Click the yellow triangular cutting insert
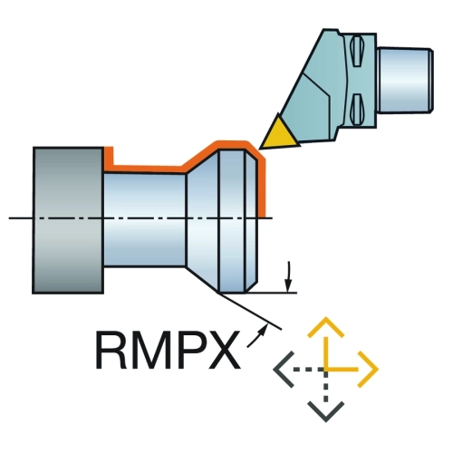[x=278, y=135]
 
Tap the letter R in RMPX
[x=111, y=350]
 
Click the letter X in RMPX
[x=223, y=350]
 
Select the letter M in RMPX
[x=150, y=350]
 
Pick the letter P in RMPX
[x=190, y=350]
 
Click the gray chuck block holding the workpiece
[x=68, y=220]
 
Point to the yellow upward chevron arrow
[x=325, y=327]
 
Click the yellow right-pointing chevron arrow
[x=368, y=369]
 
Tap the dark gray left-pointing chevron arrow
[x=284, y=369]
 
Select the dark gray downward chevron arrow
[x=325, y=411]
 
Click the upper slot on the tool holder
[x=357, y=51]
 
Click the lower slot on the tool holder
[x=357, y=110]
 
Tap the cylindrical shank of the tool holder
[x=406, y=81]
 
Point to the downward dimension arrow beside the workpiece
[x=289, y=277]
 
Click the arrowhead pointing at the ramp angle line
[x=264, y=328]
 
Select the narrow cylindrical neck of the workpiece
[x=145, y=219]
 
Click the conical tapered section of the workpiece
[x=202, y=220]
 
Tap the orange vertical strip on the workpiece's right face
[x=262, y=188]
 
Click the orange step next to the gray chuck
[x=109, y=159]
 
